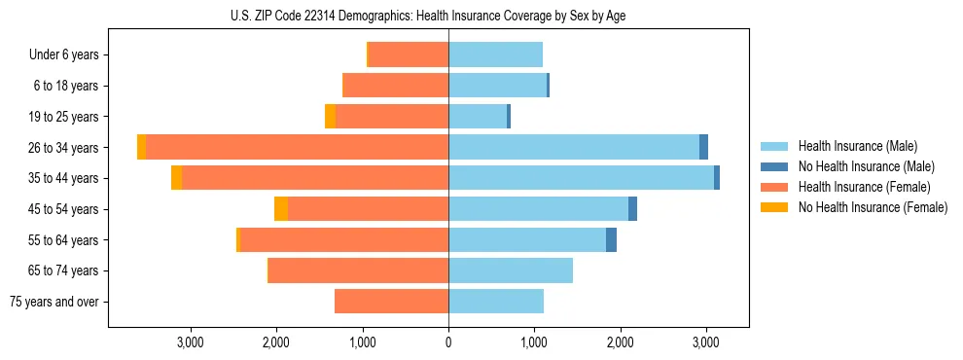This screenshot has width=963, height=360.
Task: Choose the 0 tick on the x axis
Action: pos(448,342)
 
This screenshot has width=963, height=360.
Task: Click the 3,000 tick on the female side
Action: pos(191,342)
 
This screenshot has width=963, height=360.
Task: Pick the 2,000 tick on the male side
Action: pos(621,342)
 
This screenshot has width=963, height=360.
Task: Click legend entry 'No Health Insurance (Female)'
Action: pos(873,207)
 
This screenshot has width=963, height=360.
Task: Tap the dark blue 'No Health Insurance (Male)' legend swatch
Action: pos(775,166)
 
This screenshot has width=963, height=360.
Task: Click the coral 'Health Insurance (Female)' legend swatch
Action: pos(775,187)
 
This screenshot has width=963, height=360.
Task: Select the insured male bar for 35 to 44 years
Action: pos(581,178)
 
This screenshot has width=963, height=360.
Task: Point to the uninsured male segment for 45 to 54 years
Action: pos(632,209)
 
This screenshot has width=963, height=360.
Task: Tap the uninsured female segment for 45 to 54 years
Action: pos(281,209)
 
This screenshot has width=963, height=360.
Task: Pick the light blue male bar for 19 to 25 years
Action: pos(478,117)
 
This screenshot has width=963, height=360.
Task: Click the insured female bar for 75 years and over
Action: pos(391,302)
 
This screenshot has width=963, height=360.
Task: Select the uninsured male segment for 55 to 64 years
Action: pos(611,240)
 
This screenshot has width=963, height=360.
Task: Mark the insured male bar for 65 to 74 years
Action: pos(511,270)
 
